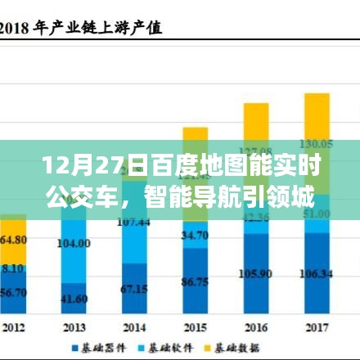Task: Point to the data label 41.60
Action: [x=74, y=299]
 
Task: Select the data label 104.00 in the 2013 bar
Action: [x=74, y=244]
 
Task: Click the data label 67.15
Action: [x=133, y=289]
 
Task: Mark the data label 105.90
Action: [x=256, y=272]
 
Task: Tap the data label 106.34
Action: [x=317, y=272]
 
